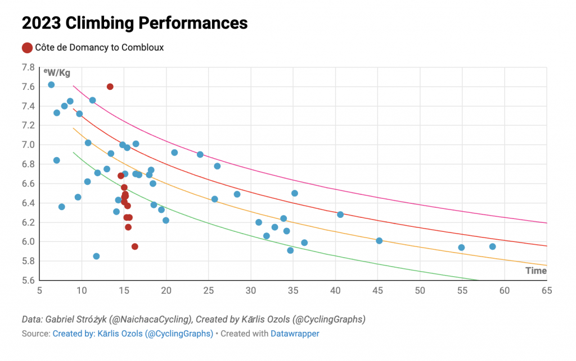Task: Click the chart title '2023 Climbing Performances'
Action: tap(134, 23)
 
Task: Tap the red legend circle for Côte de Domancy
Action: tap(27, 48)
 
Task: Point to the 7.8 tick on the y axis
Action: tap(28, 67)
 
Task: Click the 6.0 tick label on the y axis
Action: tap(28, 242)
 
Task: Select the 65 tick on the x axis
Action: tap(546, 290)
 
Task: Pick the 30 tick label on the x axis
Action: tap(250, 290)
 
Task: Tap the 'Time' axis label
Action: tap(535, 271)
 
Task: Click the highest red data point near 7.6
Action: tap(110, 86)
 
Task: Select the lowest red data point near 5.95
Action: tap(135, 246)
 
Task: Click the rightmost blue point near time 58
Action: tap(492, 246)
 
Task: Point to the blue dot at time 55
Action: tap(461, 248)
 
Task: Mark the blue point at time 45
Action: tap(379, 241)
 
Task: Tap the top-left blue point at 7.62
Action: tap(51, 85)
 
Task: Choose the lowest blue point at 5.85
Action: tap(96, 256)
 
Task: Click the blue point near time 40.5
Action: tap(340, 214)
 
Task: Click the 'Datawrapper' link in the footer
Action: tap(295, 333)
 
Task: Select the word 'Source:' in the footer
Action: tap(35, 333)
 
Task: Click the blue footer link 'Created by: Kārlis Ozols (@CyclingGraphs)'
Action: tap(133, 333)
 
